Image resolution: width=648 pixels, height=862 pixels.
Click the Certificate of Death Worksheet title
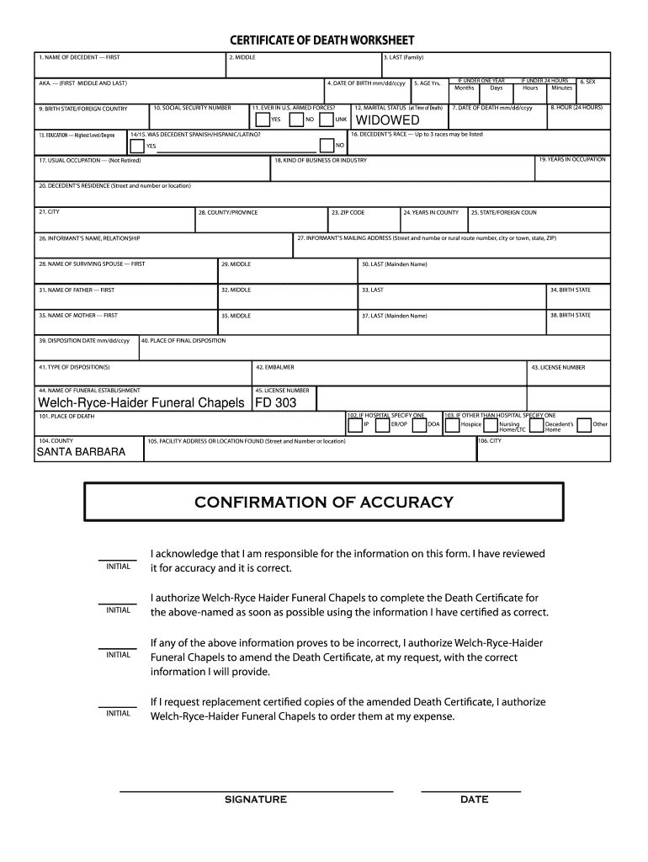pos(323,41)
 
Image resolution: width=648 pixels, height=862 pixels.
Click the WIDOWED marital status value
pos(387,120)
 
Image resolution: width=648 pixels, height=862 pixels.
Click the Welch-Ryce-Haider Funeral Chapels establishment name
pos(140,403)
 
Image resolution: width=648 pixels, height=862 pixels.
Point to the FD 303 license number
pos(275,403)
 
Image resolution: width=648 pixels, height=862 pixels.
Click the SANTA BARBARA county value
pos(81,452)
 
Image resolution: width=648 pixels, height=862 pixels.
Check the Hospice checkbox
pos(453,425)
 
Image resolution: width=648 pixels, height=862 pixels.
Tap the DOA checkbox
pos(419,425)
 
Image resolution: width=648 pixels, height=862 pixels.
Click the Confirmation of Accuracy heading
pos(323,503)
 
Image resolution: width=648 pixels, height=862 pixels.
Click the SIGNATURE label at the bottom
pos(255,800)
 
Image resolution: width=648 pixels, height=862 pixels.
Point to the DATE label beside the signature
pos(474,800)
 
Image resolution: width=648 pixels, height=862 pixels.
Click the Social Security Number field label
pos(192,109)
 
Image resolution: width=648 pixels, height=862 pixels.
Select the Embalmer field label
pos(274,367)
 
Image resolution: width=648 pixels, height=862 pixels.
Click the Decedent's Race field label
pos(416,134)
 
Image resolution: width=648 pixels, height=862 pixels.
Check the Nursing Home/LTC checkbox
pos(491,425)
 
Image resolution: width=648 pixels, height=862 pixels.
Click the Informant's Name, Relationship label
pos(88,238)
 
